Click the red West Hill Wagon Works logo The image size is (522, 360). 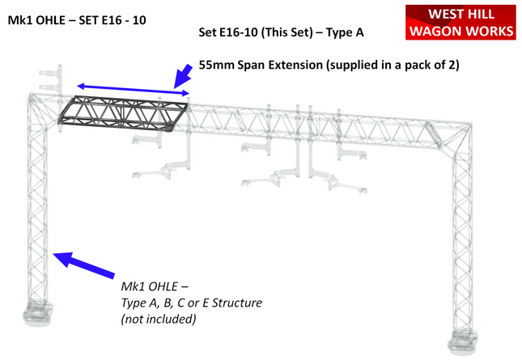pyautogui.click(x=461, y=23)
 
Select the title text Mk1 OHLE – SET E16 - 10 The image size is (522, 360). pyautogui.click(x=77, y=19)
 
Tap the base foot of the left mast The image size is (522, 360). pyautogui.click(x=36, y=311)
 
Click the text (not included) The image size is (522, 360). pyautogui.click(x=159, y=320)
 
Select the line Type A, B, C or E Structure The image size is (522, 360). pyautogui.click(x=191, y=303)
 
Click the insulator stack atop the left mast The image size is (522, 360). pyautogui.click(x=47, y=76)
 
